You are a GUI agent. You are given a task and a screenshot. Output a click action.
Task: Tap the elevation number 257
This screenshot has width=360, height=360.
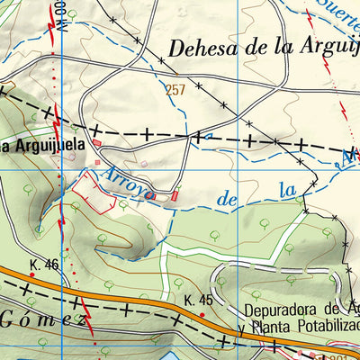pyautogui.click(x=175, y=90)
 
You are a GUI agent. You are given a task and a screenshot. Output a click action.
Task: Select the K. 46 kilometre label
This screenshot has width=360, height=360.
pyautogui.click(x=42, y=265)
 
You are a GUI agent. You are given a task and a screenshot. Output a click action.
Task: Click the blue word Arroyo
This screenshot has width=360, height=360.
pyautogui.click(x=126, y=178)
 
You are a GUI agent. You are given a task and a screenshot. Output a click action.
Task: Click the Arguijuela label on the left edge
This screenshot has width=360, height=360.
pyautogui.click(x=45, y=144)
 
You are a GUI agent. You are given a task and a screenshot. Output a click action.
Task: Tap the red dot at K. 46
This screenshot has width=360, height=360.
pyautogui.click(x=32, y=275)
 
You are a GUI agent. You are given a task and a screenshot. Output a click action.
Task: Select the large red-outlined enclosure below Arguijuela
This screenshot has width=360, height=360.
pyautogui.click(x=94, y=191)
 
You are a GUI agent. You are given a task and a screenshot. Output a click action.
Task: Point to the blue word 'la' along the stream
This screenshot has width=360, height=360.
pyautogui.click(x=287, y=191)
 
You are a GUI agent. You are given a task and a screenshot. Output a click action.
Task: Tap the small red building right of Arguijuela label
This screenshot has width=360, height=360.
pyautogui.click(x=98, y=162)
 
